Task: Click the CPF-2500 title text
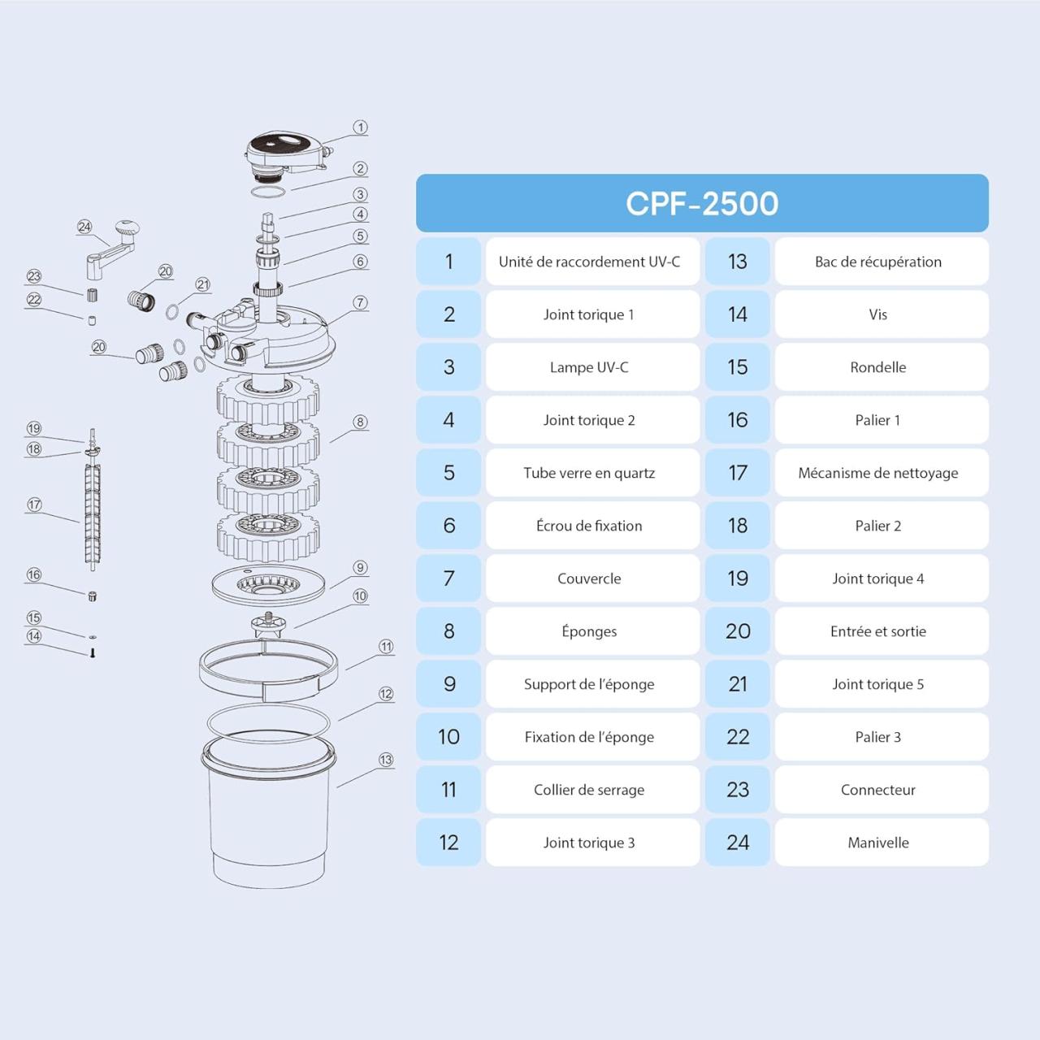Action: pos(702,203)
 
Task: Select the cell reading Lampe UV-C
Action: pos(592,367)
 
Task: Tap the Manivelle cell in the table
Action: pos(882,842)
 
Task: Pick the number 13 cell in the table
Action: pos(737,261)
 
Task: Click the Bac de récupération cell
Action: pos(882,261)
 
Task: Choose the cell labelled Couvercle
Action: pos(592,578)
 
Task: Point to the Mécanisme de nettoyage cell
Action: pos(882,473)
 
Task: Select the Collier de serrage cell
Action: pos(592,790)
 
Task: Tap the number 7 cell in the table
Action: pos(448,578)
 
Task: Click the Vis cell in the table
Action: pos(882,314)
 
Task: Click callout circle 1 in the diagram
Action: pos(361,128)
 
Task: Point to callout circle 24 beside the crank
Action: pos(84,227)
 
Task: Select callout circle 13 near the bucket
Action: pos(386,760)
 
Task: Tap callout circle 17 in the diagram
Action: pos(34,505)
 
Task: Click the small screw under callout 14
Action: pos(93,653)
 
